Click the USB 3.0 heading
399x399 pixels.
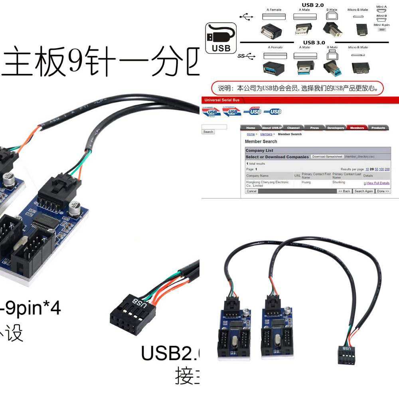(x=314, y=42)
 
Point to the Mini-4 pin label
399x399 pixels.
(x=381, y=25)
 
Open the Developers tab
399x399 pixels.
(x=336, y=128)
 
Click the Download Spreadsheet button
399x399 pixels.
(x=327, y=157)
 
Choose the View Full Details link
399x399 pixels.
(x=377, y=183)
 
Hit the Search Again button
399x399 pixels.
(x=363, y=191)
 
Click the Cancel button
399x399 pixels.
(x=252, y=191)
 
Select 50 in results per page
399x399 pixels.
(x=376, y=169)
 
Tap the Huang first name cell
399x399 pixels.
(x=306, y=182)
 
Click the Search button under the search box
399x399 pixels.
(x=208, y=132)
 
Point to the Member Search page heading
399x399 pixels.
(x=261, y=142)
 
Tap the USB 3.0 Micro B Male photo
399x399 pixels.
(x=361, y=67)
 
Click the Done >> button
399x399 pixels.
(x=383, y=191)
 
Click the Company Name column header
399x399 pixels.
(x=258, y=176)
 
